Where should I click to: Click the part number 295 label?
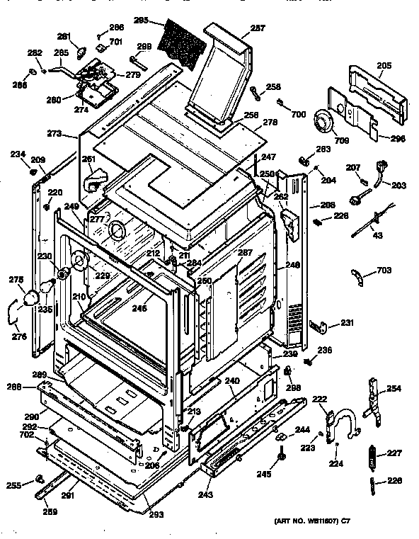[140, 21]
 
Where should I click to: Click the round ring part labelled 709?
[324, 123]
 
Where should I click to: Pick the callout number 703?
[383, 270]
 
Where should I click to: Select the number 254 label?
[394, 389]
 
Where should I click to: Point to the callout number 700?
[299, 114]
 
